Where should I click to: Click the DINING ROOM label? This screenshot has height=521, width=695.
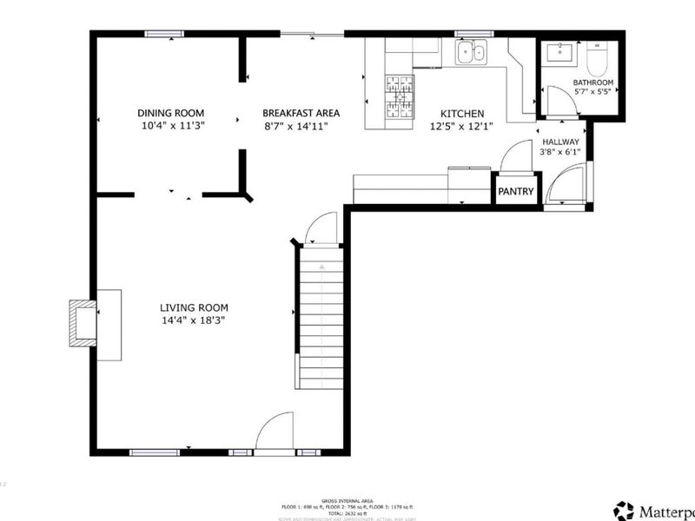pyautogui.click(x=171, y=113)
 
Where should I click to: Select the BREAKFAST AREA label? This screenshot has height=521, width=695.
pyautogui.click(x=301, y=113)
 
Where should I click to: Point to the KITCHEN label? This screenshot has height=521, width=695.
pyautogui.click(x=462, y=114)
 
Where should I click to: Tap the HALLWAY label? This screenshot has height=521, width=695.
pyautogui.click(x=560, y=142)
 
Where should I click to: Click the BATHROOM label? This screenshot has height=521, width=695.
pyautogui.click(x=593, y=83)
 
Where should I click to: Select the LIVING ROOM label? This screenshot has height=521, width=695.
pyautogui.click(x=194, y=307)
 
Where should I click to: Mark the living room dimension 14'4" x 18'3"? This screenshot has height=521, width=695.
pyautogui.click(x=194, y=320)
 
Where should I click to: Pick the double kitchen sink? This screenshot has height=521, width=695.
pyautogui.click(x=471, y=54)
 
